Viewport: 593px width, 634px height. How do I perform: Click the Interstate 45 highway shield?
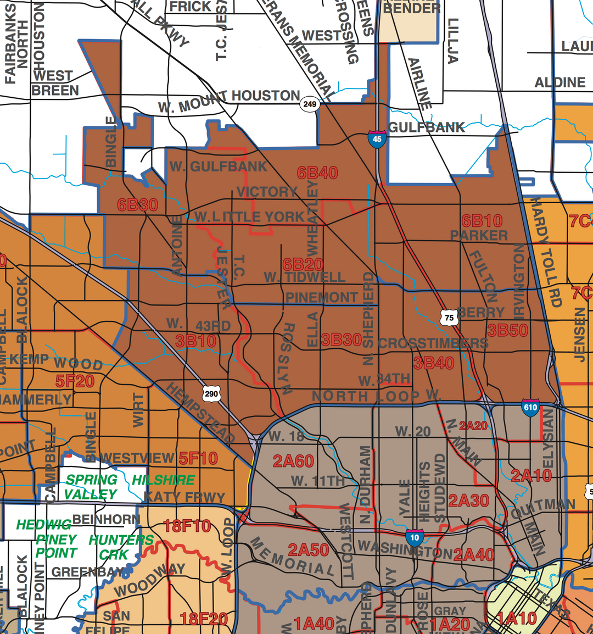pos(377,138)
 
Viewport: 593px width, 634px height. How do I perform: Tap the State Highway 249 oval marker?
pos(310,104)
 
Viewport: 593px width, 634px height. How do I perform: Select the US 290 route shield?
pos(211,393)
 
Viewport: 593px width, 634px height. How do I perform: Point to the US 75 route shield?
pos(449,318)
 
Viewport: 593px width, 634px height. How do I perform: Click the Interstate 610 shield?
pos(530,407)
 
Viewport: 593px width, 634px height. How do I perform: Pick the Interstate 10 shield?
pos(415,537)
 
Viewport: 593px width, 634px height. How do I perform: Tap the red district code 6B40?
pos(317,173)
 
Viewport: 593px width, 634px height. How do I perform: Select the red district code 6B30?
pos(137,205)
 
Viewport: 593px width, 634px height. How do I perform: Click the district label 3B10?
pos(195,341)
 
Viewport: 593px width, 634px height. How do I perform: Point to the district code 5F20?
pos(75,381)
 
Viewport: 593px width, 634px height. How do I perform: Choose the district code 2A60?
pos(293,461)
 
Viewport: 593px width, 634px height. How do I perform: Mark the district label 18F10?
pos(187,526)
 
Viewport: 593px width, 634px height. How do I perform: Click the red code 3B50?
pos(507,330)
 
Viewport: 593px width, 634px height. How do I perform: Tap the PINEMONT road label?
pos(321,297)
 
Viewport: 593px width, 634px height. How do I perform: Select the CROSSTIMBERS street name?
pos(433,343)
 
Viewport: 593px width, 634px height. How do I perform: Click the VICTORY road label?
pos(267,192)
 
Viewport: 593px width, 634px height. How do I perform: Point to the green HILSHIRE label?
pos(163,480)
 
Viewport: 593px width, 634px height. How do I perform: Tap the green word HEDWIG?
pos(44,525)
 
